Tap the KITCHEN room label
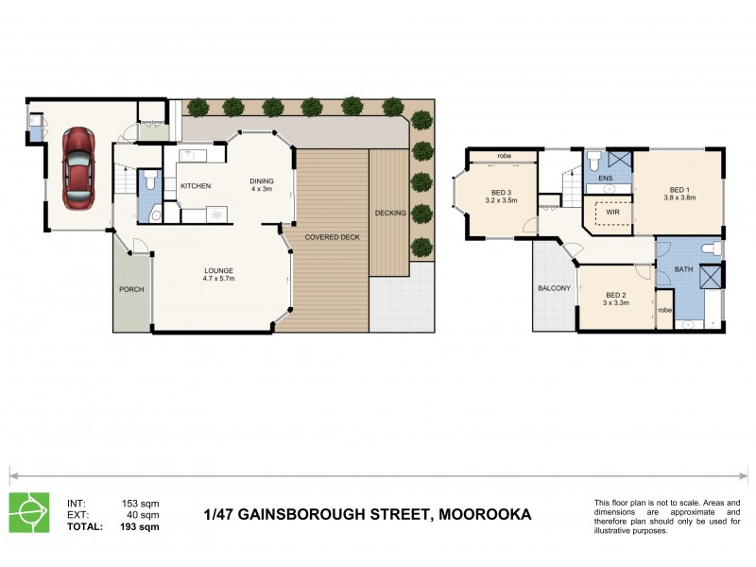click(196, 185)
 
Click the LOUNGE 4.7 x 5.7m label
click(219, 275)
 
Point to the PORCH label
click(131, 289)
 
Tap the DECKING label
click(390, 213)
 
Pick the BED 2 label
click(616, 299)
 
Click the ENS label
click(605, 178)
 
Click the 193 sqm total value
click(141, 527)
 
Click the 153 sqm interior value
click(141, 503)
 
